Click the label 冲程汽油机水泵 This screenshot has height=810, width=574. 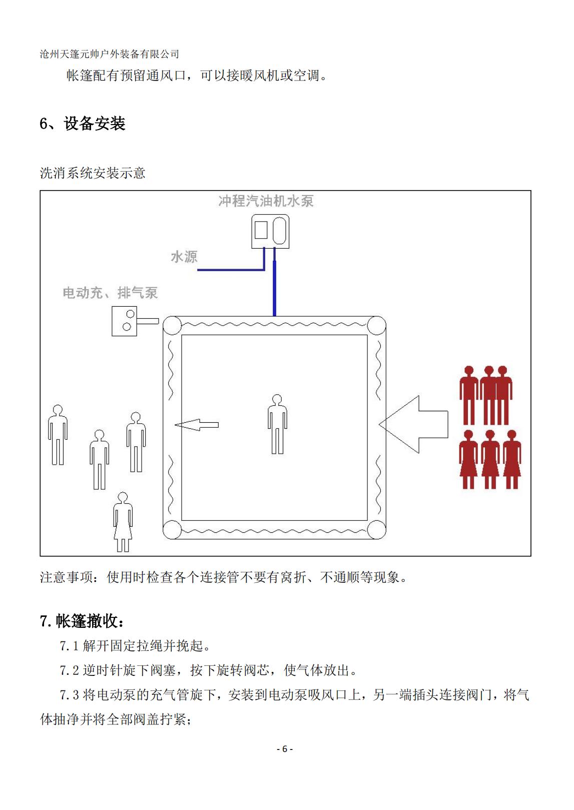click(x=266, y=201)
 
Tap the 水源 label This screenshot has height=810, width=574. click(x=184, y=257)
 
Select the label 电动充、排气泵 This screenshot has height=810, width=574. click(x=110, y=293)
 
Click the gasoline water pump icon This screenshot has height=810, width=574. click(x=270, y=231)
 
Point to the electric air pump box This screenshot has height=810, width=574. click(x=124, y=321)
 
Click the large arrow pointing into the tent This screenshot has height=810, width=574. click(x=413, y=424)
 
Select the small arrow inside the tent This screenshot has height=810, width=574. click(x=197, y=425)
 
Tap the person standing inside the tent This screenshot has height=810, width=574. click(x=277, y=424)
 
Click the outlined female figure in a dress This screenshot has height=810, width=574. click(x=123, y=522)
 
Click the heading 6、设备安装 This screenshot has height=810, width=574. click(x=83, y=124)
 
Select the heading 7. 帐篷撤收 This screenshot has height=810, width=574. click(x=82, y=621)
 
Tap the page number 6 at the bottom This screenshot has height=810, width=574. click(x=285, y=748)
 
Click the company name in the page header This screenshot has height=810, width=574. click(x=110, y=54)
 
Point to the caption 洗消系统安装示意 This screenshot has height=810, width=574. click(x=93, y=173)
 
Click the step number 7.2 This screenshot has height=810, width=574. click(x=69, y=670)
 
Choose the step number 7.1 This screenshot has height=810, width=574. click(x=69, y=646)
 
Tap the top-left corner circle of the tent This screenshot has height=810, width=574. click(x=172, y=325)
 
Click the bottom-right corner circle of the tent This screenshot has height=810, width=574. click(x=376, y=530)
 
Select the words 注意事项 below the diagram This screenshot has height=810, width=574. click(x=66, y=577)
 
